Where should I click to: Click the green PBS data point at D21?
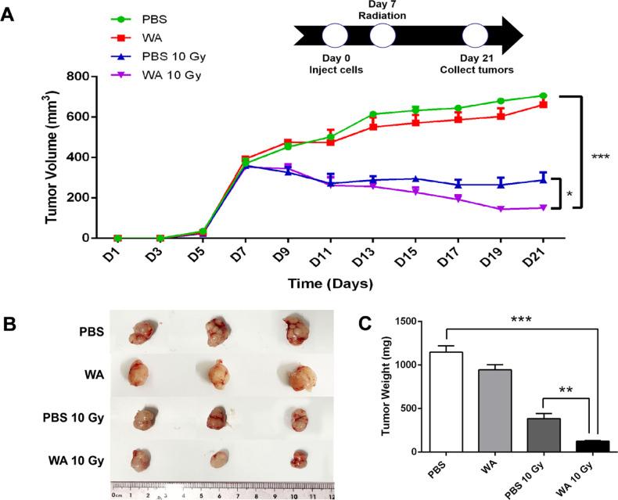coord(542,96)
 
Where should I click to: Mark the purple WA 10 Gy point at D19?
coord(512,209)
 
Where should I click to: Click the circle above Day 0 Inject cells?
coord(334,36)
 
